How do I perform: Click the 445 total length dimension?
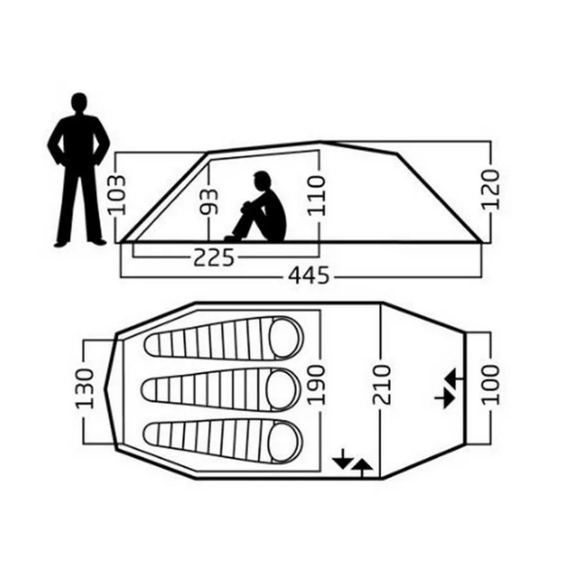click(x=309, y=276)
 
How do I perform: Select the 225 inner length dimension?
click(x=214, y=256)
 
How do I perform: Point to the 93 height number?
click(x=209, y=202)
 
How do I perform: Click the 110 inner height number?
click(x=317, y=196)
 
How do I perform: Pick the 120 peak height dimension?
click(x=490, y=190)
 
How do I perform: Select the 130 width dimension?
click(x=85, y=388)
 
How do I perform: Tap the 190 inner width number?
click(x=317, y=385)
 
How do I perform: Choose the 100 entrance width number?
click(x=490, y=385)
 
